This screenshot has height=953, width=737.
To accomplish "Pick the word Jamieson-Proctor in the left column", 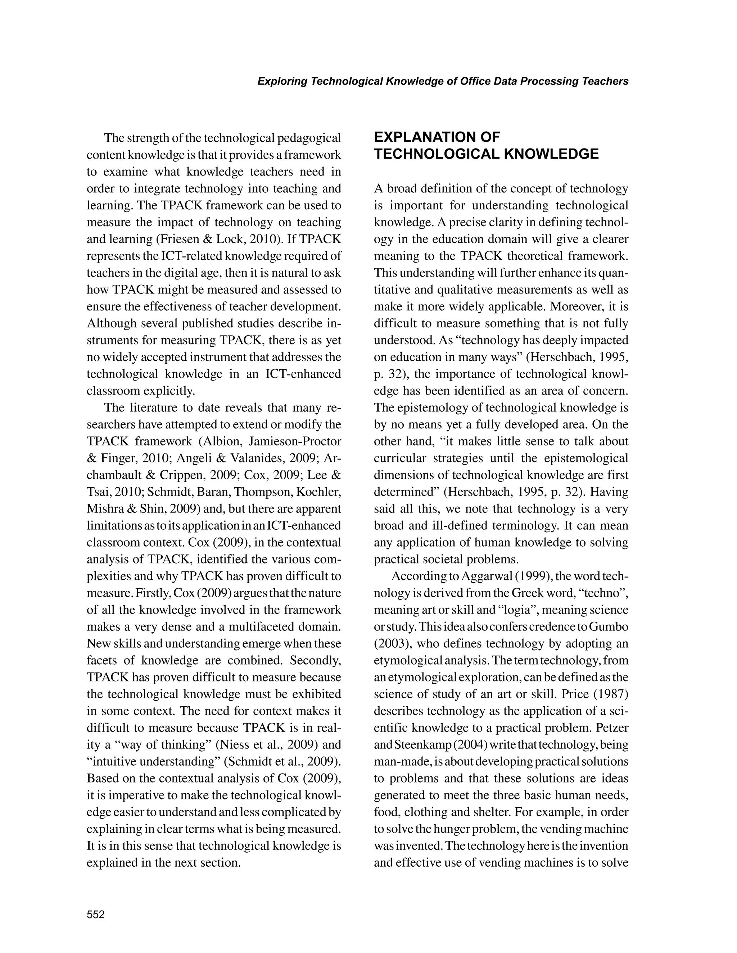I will pyautogui.click(x=295, y=442).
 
